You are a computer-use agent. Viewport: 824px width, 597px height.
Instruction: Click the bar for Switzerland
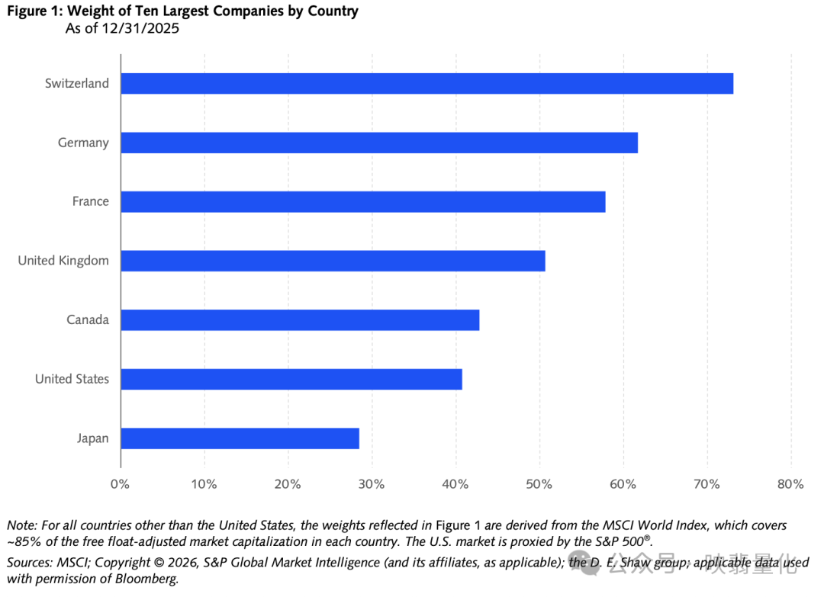click(426, 84)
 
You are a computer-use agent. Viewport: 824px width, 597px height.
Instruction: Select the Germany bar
click(379, 143)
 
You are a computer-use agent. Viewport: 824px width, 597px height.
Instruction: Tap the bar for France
click(363, 201)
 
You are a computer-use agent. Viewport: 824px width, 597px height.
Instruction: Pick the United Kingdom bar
click(333, 261)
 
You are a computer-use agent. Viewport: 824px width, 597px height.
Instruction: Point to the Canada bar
click(300, 319)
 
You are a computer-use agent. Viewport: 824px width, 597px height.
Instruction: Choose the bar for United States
click(291, 379)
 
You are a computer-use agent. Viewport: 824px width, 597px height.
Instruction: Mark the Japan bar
click(240, 438)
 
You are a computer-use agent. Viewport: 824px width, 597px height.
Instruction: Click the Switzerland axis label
click(77, 84)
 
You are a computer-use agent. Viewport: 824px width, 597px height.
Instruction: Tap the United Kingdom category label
click(63, 261)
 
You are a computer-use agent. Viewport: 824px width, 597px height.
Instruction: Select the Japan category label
click(92, 438)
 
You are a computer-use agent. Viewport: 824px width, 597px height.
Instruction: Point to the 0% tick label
click(120, 484)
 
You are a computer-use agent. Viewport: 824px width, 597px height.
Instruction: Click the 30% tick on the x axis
click(372, 484)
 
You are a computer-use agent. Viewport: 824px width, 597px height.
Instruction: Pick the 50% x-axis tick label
click(539, 484)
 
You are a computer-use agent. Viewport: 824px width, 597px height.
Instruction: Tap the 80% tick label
click(790, 484)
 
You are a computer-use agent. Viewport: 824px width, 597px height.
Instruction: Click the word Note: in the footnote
click(22, 525)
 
